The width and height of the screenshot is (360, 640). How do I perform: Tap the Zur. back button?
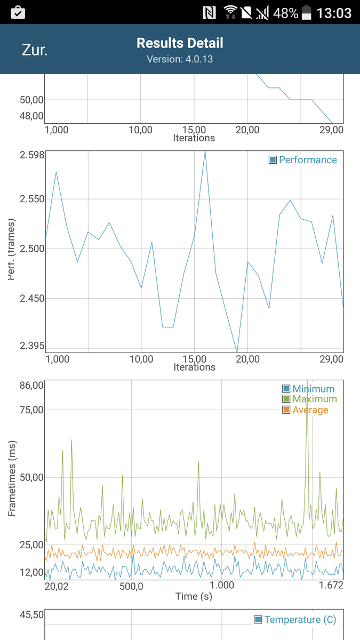point(35,50)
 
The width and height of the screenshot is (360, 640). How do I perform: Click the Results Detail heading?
point(180,43)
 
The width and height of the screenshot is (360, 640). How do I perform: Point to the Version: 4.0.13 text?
point(180,59)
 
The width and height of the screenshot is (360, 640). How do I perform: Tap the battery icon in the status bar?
point(307,13)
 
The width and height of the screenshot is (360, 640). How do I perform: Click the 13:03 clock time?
point(334,13)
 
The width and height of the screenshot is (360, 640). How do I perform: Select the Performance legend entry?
point(303,159)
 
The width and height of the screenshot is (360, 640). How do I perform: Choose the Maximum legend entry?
point(309,399)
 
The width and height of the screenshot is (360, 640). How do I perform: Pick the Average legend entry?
point(305,410)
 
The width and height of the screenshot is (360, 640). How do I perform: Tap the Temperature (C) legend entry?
point(295,619)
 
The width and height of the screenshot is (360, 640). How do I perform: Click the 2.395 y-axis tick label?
point(25,345)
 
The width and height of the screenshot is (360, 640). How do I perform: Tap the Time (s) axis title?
point(194,596)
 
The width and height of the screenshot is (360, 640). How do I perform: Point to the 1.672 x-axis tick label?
point(331,586)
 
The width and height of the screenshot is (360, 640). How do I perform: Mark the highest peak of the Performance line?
point(205,151)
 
